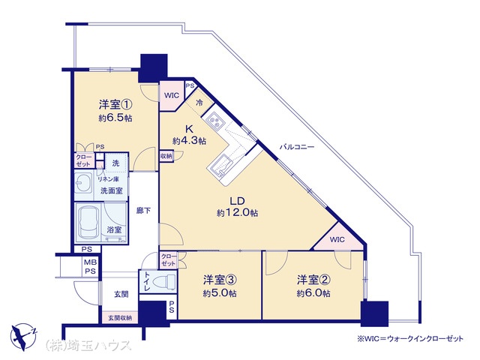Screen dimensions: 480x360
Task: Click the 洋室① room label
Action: pyautogui.click(x=115, y=105)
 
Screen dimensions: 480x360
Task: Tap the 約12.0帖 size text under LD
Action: pyautogui.click(x=237, y=213)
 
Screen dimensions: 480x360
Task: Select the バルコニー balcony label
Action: pyautogui.click(x=297, y=147)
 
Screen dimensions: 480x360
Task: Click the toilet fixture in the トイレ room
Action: pyautogui.click(x=165, y=282)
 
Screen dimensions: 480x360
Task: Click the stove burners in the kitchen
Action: pyautogui.click(x=214, y=121)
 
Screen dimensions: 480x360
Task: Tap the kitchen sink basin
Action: pyautogui.click(x=222, y=165)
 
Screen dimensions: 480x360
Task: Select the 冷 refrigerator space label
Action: pyautogui.click(x=199, y=103)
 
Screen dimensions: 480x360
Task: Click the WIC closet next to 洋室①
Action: pyautogui.click(x=172, y=95)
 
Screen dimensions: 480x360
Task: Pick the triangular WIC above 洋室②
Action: pyautogui.click(x=338, y=238)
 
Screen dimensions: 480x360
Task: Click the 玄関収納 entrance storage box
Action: pyautogui.click(x=120, y=318)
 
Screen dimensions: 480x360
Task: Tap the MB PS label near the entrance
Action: pyautogui.click(x=90, y=267)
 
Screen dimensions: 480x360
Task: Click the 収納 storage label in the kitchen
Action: pyautogui.click(x=166, y=156)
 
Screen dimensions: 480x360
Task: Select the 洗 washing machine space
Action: pyautogui.click(x=115, y=163)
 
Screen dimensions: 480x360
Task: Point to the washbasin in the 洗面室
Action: pyautogui.click(x=83, y=183)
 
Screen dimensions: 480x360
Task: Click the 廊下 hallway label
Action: pyautogui.click(x=143, y=211)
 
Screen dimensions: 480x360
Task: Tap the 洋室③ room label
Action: pyautogui.click(x=220, y=280)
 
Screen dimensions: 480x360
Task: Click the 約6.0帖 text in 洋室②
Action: pyautogui.click(x=313, y=293)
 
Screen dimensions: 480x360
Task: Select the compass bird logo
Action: pyautogui.click(x=23, y=336)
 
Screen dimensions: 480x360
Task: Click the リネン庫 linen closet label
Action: pyautogui.click(x=108, y=179)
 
